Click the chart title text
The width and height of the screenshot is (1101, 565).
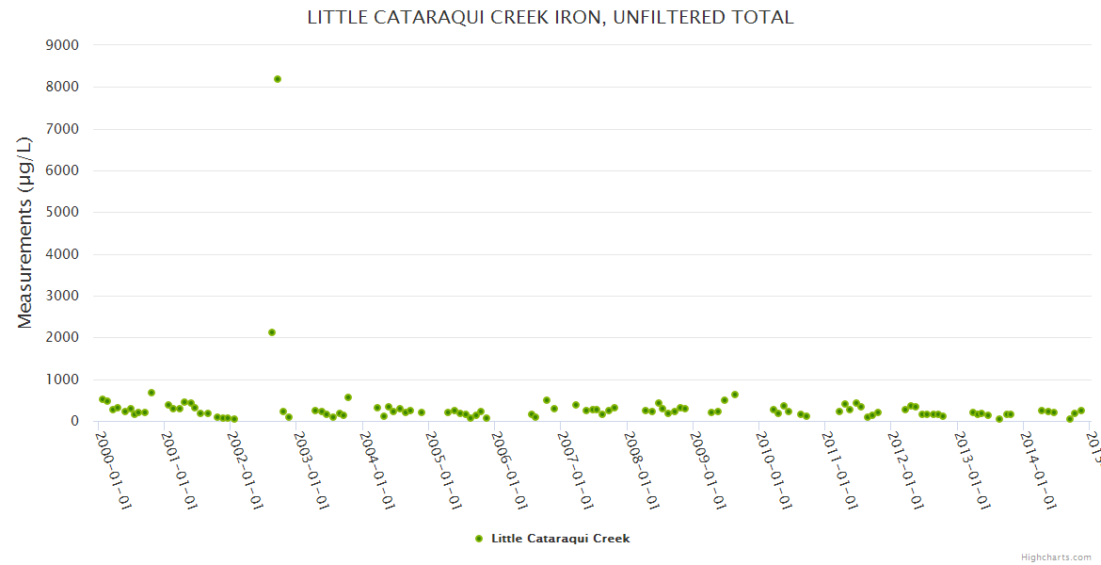point(550,17)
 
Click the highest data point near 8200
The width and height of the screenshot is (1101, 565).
point(278,79)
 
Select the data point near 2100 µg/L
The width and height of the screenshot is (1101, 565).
point(272,332)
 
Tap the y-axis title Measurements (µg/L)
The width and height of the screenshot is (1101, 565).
point(25,232)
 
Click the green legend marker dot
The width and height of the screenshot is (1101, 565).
point(479,539)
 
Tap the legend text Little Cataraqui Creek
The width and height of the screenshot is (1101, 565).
point(560,539)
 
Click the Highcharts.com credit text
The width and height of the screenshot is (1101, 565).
point(1056,557)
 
